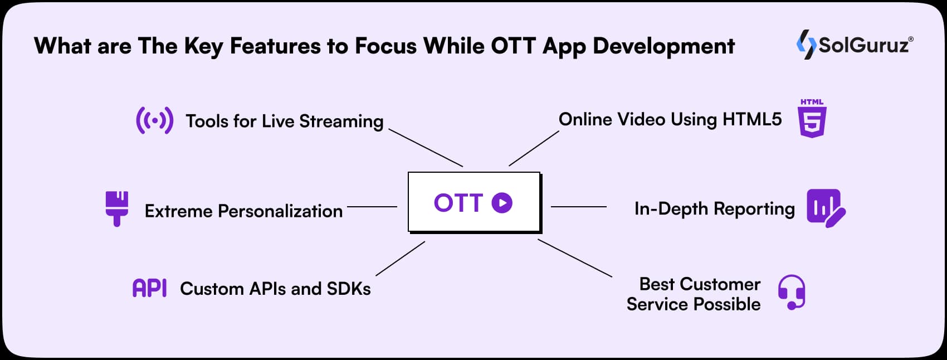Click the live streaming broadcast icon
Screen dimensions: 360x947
click(x=154, y=120)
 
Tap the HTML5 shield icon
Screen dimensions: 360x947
click(x=812, y=119)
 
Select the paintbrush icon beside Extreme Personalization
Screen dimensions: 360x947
click(x=117, y=208)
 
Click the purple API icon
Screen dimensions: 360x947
click(x=149, y=288)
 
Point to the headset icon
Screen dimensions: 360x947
click(x=792, y=291)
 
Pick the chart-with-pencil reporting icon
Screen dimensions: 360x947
click(x=826, y=208)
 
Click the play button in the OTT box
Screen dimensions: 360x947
click(x=502, y=203)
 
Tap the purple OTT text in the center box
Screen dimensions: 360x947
click(x=457, y=203)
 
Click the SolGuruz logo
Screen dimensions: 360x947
click(x=855, y=45)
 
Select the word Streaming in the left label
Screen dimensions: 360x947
click(x=341, y=121)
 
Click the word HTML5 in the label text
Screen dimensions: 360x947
click(x=752, y=119)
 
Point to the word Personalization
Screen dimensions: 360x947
click(x=280, y=211)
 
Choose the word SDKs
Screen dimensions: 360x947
click(x=349, y=289)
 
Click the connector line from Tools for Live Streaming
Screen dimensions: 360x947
click(x=426, y=148)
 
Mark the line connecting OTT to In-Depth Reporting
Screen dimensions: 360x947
click(x=578, y=207)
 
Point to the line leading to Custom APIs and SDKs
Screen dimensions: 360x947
click(x=401, y=258)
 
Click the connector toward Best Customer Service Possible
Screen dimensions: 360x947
click(x=575, y=258)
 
